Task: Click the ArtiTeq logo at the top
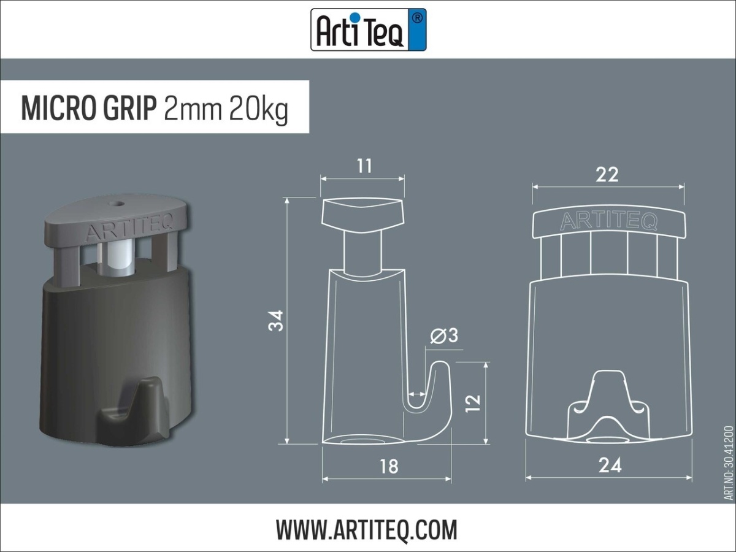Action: tap(368, 29)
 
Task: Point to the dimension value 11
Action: tap(364, 166)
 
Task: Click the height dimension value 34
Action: tap(277, 320)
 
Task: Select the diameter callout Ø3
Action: tap(444, 336)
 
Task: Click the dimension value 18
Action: tap(388, 466)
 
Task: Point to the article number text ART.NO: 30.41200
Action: tap(728, 463)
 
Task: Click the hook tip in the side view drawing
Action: tap(440, 368)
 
